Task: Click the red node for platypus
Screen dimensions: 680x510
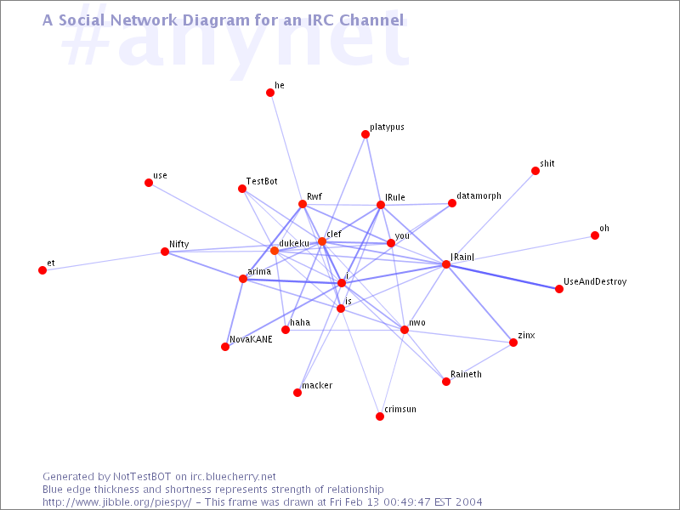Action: tap(365, 134)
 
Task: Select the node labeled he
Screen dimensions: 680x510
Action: tap(270, 93)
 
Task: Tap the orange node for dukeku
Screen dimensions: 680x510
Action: tap(275, 251)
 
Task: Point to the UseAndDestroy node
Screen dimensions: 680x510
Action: tap(559, 289)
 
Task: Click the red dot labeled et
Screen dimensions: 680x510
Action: tap(42, 270)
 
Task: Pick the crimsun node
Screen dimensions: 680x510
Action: tap(380, 416)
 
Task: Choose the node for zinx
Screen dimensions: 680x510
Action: tap(513, 343)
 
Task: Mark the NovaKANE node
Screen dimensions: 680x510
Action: tap(225, 347)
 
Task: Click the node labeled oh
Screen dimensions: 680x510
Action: tap(595, 235)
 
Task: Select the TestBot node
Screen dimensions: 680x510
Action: tap(242, 189)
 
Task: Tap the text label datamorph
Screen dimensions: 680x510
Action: tap(479, 196)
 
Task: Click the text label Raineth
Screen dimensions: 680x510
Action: tap(466, 374)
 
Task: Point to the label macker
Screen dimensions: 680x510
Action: tap(317, 385)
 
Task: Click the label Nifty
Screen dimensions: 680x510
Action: tap(179, 244)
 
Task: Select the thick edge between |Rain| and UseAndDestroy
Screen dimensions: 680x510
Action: tap(502, 277)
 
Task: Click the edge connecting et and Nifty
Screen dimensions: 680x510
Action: tap(104, 261)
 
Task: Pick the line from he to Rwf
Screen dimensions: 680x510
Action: tap(286, 148)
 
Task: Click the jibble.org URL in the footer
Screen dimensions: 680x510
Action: tap(116, 502)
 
